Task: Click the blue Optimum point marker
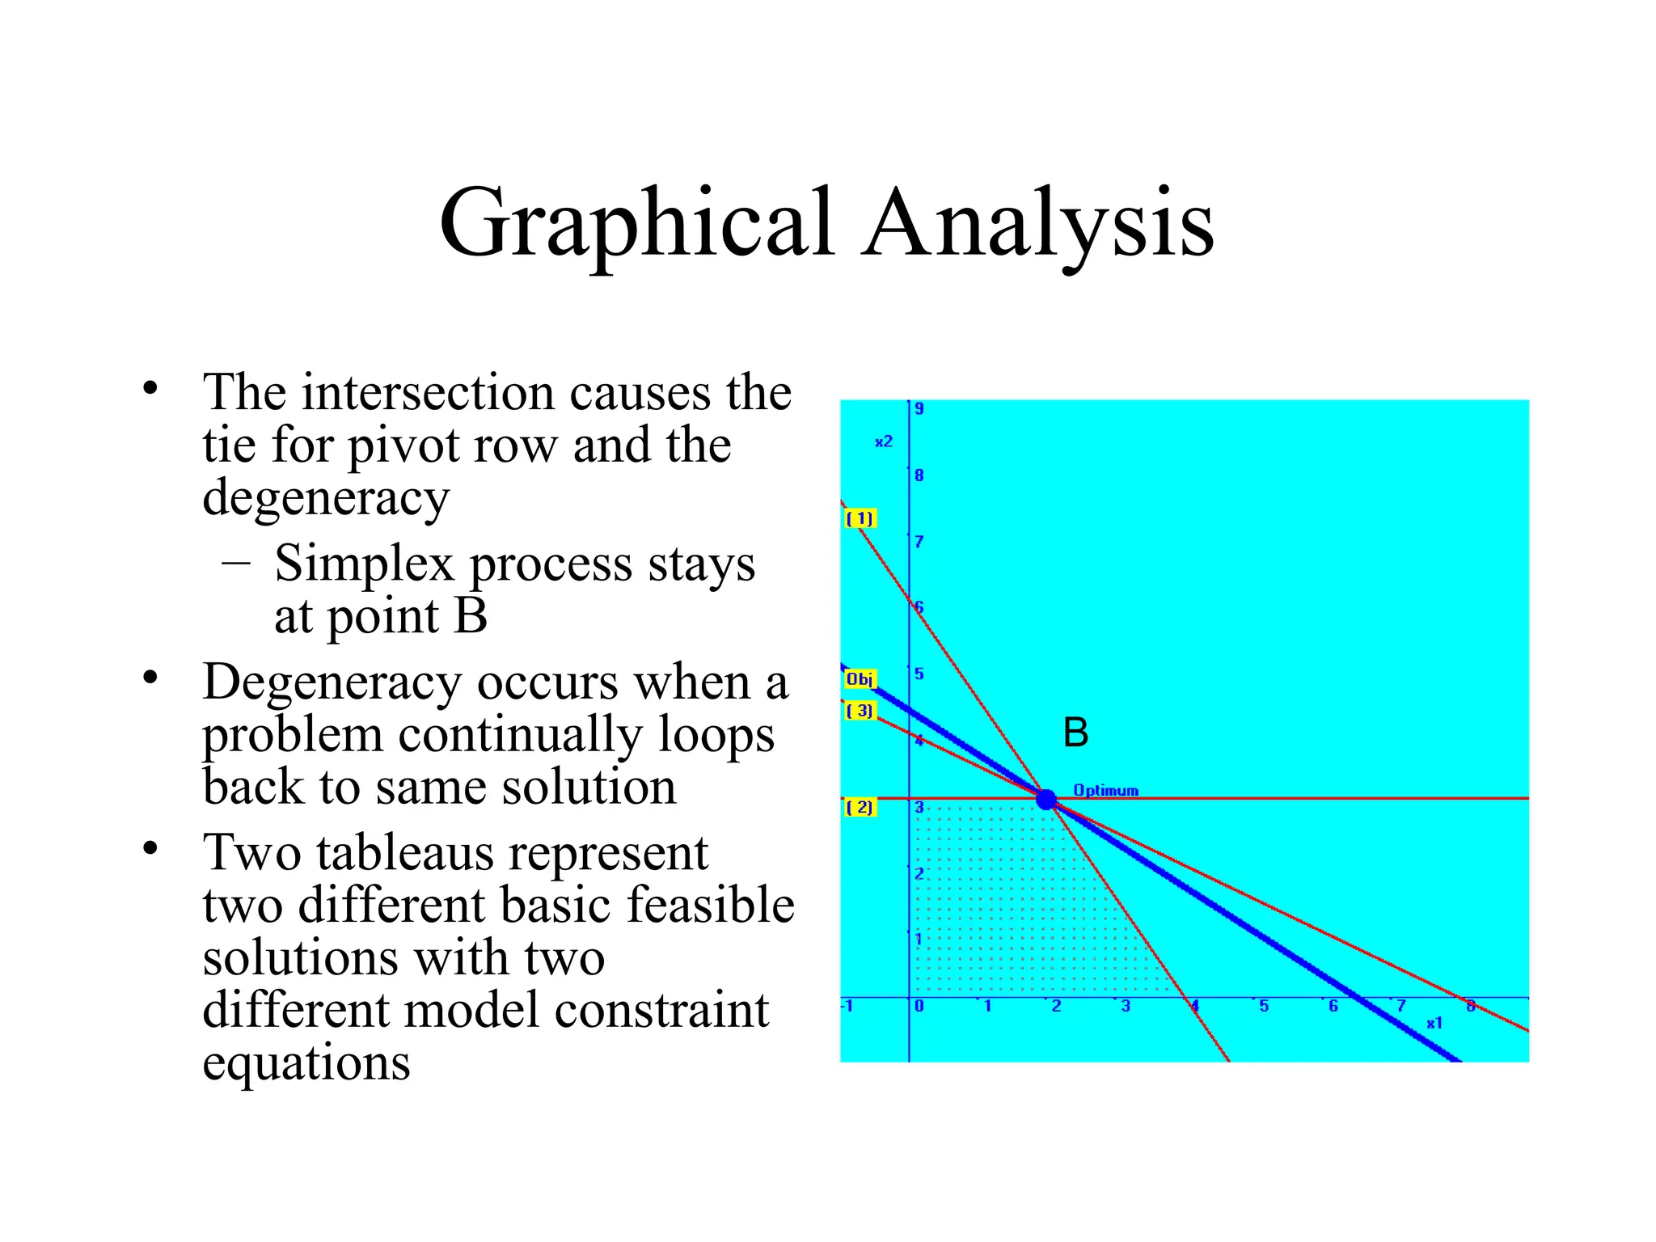1046,799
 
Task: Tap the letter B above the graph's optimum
1075,733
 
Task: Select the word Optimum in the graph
1105,790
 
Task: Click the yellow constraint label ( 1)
860,518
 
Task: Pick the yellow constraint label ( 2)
860,807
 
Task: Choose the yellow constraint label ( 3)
860,711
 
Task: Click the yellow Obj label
860,679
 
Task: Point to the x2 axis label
884,441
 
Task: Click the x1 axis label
1434,1023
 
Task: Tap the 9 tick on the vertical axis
919,409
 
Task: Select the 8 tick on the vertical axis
919,475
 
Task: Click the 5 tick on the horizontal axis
1264,1007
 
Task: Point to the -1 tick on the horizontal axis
847,1007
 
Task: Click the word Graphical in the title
636,224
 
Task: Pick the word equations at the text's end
306,1062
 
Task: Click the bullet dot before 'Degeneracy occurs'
150,678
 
